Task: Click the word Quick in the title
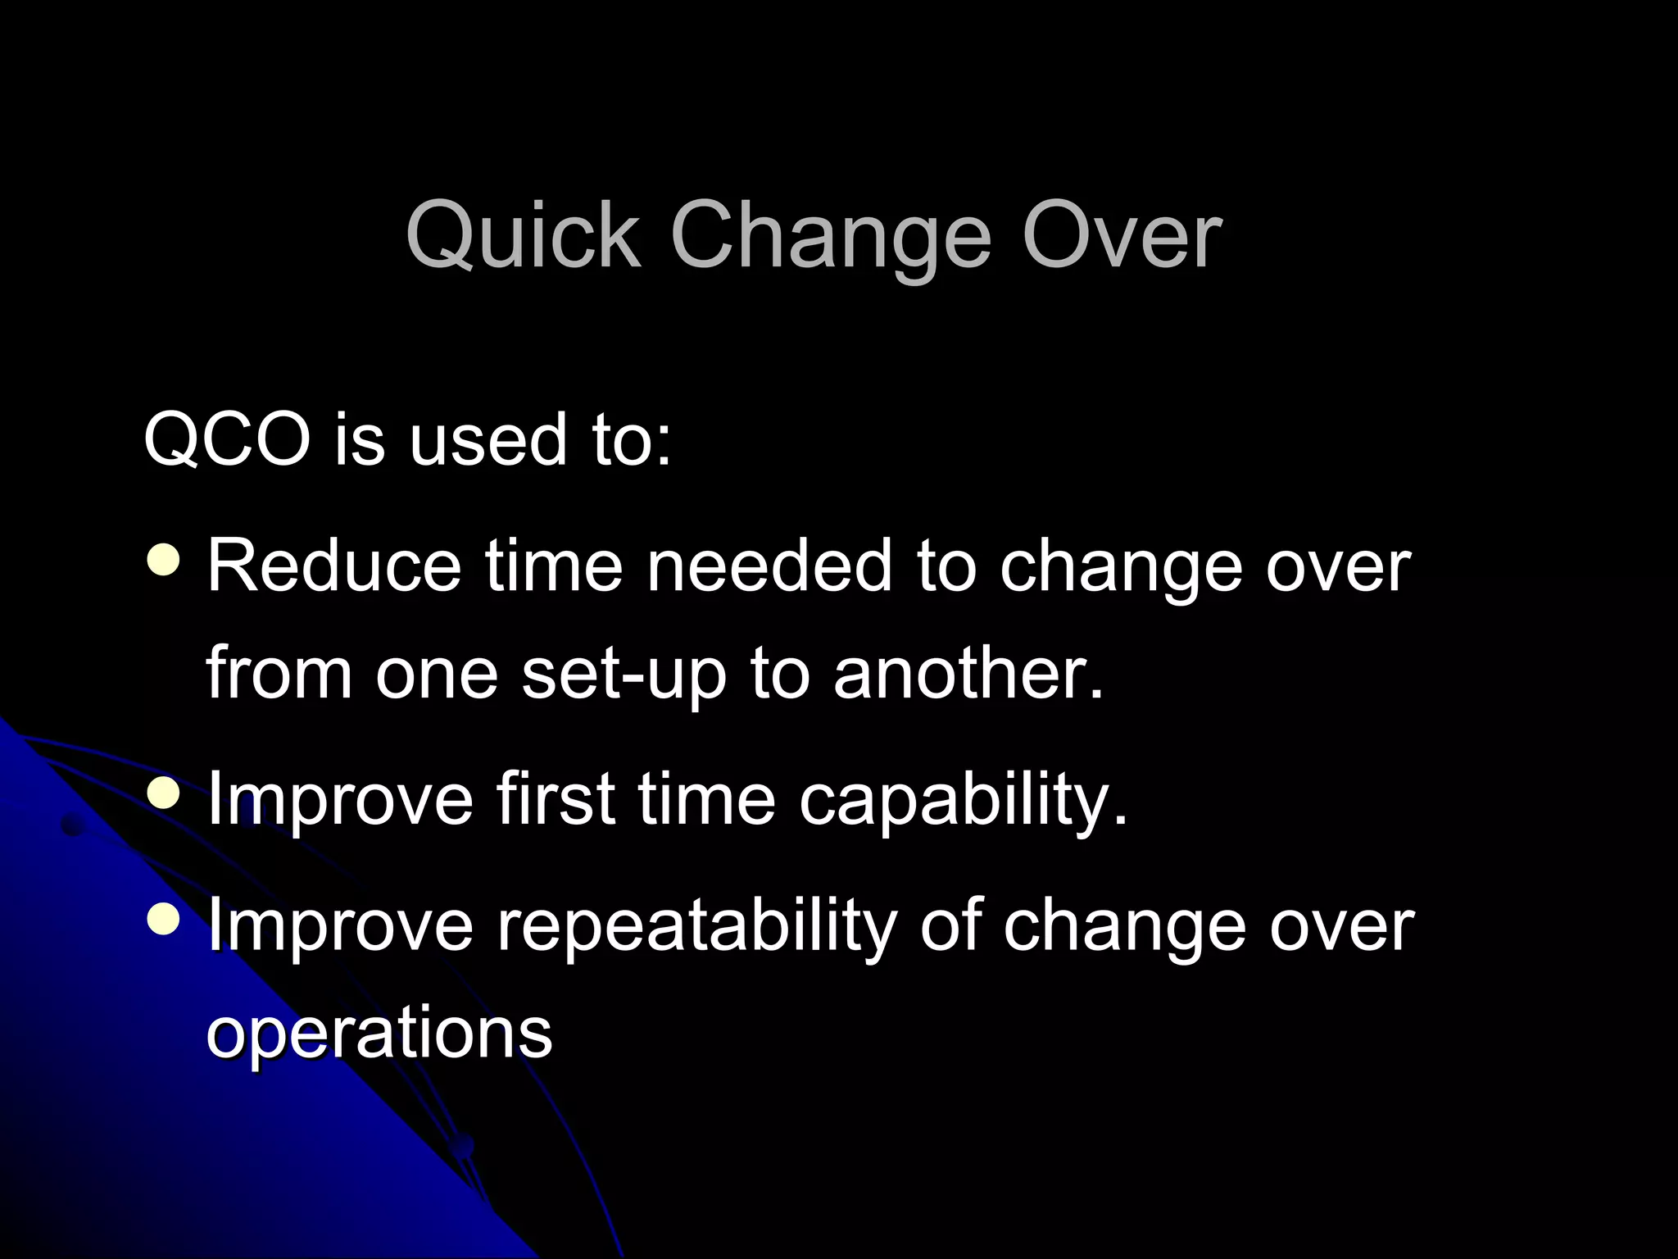coord(523,237)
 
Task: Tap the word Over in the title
coord(1122,237)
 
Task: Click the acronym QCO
coord(227,440)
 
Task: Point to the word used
coord(488,440)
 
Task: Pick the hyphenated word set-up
coord(624,674)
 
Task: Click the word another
coord(968,674)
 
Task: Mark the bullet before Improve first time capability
coord(164,792)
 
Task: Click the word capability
coord(963,800)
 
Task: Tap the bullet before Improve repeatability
coord(164,919)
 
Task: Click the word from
coord(279,674)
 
